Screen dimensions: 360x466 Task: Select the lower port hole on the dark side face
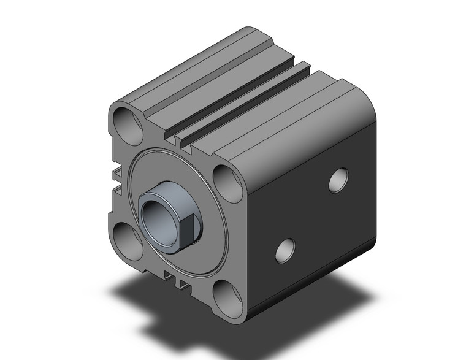coord(285,249)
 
